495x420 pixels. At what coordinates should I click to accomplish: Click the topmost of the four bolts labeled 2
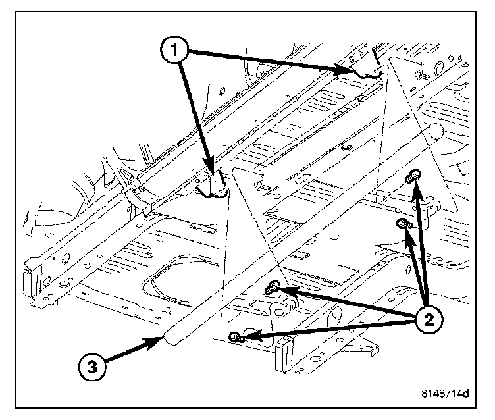click(414, 176)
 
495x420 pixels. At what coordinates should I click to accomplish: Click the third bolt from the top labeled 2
click(273, 288)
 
